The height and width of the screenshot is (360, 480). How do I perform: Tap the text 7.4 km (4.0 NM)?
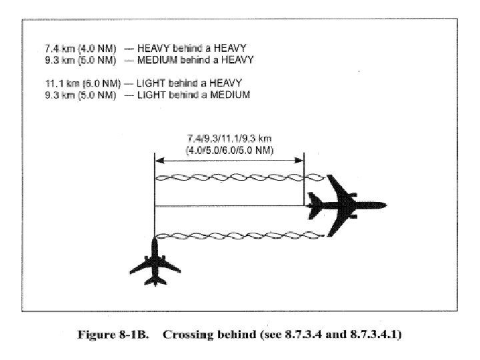(x=79, y=49)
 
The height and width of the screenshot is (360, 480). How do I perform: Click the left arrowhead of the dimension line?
(x=158, y=160)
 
